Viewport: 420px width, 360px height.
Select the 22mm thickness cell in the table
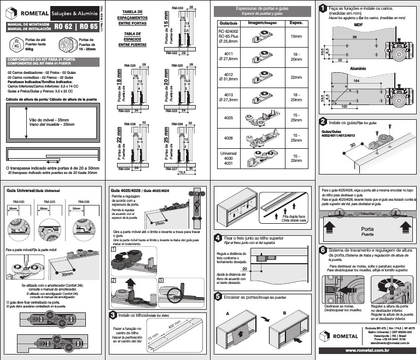[x=296, y=77]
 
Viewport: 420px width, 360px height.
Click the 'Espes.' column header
[x=296, y=24]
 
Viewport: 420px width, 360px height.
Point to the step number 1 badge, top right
[x=324, y=8]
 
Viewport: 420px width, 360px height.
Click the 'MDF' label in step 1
[x=358, y=25]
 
